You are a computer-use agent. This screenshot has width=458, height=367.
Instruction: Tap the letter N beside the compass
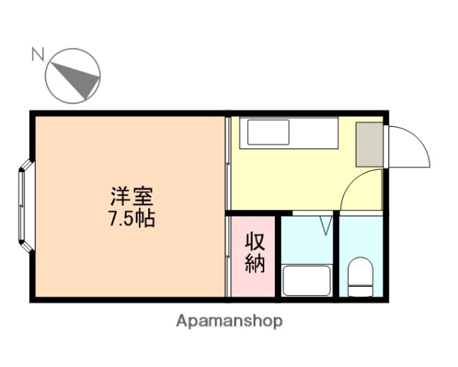click(37, 54)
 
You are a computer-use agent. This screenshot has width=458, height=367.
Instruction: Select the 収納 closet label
click(255, 253)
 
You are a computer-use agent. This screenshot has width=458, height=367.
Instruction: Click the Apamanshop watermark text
click(229, 321)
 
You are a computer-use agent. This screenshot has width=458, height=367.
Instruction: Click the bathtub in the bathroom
click(307, 281)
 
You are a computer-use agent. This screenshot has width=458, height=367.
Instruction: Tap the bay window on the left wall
click(24, 205)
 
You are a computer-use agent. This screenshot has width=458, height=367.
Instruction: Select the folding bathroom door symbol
click(327, 225)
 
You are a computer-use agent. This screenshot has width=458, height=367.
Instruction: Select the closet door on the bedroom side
click(228, 256)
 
